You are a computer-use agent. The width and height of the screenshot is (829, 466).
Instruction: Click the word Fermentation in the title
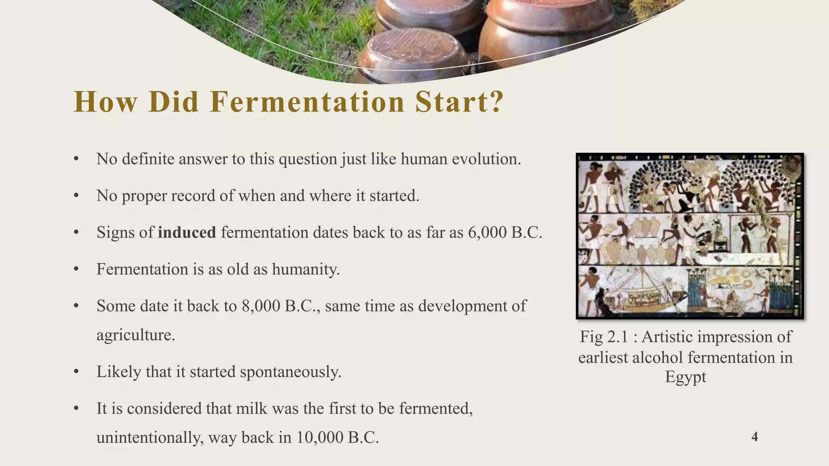[x=308, y=102]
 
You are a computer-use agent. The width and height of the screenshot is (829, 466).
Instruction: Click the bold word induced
[x=187, y=233]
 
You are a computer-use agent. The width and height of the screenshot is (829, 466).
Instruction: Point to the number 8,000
[x=261, y=306]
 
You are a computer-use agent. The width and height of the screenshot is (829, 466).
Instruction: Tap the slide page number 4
[x=755, y=437]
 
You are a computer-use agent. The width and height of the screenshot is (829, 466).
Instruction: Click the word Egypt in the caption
[x=685, y=377]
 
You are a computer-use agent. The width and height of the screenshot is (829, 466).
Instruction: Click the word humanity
[x=306, y=269]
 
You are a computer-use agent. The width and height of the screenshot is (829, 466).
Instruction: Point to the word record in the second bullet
[x=193, y=196]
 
